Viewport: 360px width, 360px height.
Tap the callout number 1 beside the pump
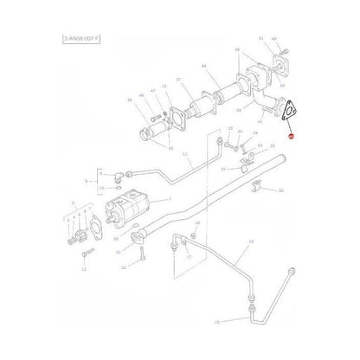click(x=169, y=199)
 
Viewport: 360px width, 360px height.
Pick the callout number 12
click(x=84, y=269)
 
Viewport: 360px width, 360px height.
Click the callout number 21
click(x=118, y=251)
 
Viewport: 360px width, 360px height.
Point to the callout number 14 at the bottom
click(x=217, y=322)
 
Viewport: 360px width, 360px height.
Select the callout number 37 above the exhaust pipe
click(x=178, y=80)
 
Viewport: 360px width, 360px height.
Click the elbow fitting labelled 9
click(x=122, y=172)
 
